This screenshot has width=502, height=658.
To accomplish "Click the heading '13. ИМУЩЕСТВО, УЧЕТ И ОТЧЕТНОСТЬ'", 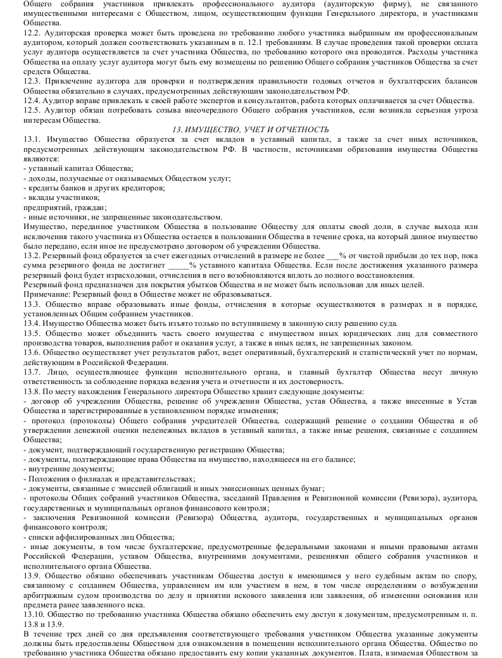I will [x=250, y=129].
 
